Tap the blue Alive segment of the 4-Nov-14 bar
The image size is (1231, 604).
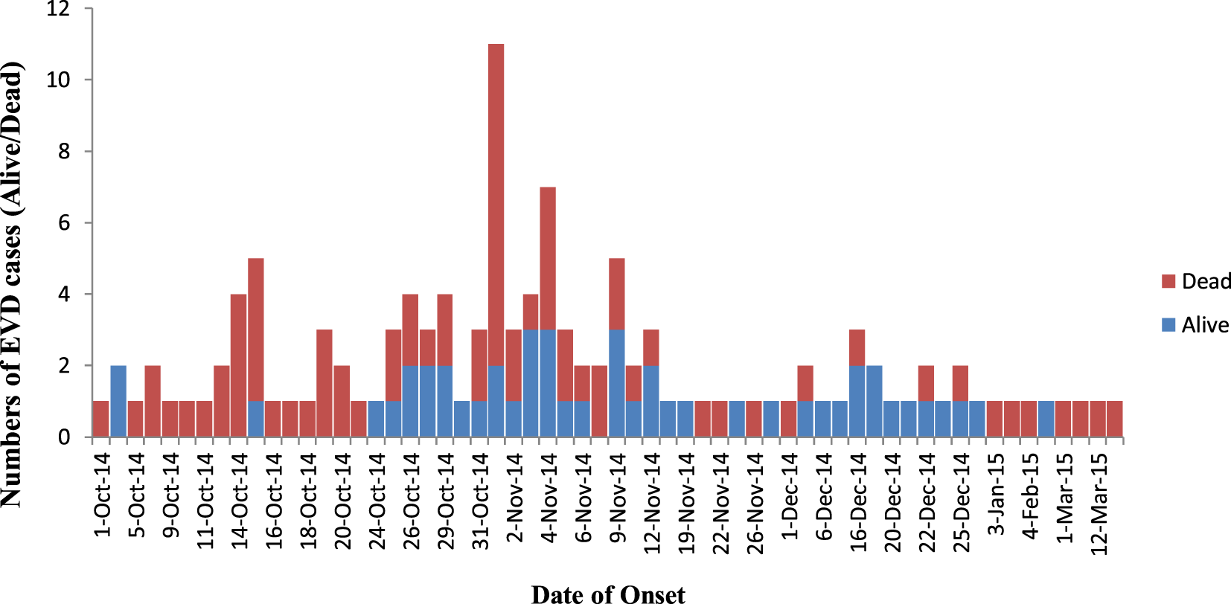click(548, 383)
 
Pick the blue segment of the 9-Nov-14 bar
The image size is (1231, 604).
click(616, 383)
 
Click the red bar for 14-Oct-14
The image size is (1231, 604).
click(238, 365)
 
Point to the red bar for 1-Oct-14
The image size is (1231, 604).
click(100, 419)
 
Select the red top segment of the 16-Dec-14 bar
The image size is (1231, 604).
click(857, 347)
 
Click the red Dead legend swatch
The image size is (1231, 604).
click(1168, 281)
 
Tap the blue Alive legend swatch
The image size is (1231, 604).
click(1168, 325)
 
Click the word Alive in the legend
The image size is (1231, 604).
click(1205, 325)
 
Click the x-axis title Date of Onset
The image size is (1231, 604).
click(608, 594)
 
